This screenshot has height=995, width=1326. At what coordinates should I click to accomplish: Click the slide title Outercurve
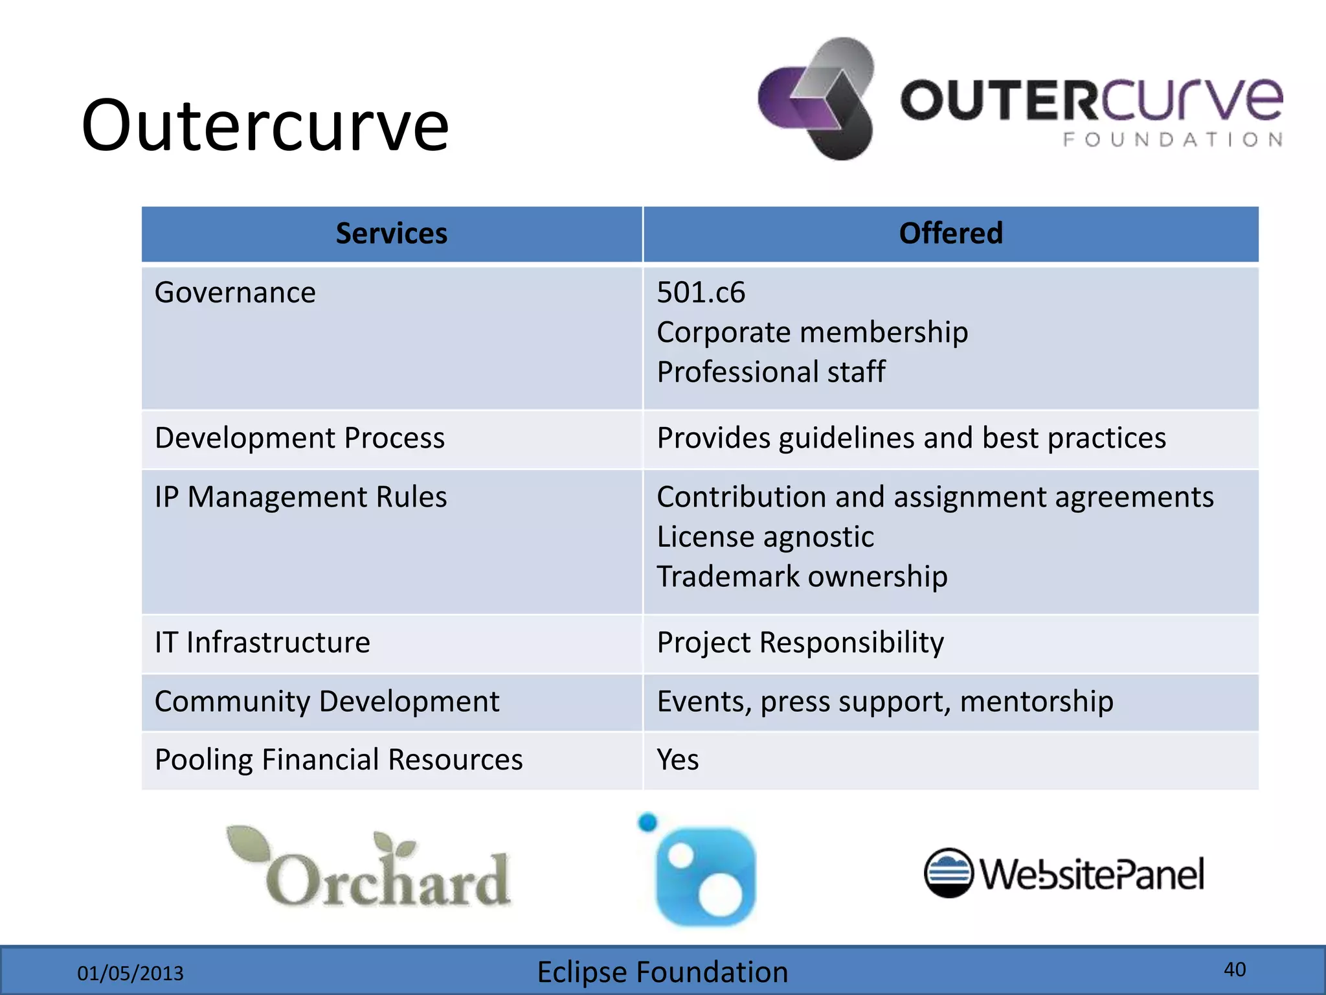coord(265,126)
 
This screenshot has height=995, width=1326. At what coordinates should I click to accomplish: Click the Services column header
coord(391,234)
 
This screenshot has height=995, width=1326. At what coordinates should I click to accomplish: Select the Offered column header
coord(950,234)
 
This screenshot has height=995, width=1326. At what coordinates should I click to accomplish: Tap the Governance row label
coord(235,293)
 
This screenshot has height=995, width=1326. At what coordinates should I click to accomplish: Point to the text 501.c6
coord(701,293)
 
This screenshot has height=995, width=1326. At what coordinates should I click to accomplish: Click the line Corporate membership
coord(812,333)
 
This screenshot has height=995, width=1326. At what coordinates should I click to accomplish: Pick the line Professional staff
coord(770,372)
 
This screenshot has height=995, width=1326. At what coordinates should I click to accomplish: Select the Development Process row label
coord(300,439)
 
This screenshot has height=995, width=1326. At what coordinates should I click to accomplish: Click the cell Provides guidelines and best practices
coord(911,439)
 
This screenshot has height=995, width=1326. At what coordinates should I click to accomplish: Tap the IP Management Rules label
coord(300,497)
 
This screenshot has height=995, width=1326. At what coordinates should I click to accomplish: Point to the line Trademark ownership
coord(802,577)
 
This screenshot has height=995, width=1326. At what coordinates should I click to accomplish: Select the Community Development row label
coord(327,702)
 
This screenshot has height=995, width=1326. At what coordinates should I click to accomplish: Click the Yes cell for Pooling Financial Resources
coord(677,760)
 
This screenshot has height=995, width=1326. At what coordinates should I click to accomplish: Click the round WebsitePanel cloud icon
coord(948,873)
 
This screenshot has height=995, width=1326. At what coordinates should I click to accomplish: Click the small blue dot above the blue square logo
coord(647,823)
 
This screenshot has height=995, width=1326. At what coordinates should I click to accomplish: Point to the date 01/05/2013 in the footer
coord(130,974)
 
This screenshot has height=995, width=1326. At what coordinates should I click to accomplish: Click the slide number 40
coord(1234,970)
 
